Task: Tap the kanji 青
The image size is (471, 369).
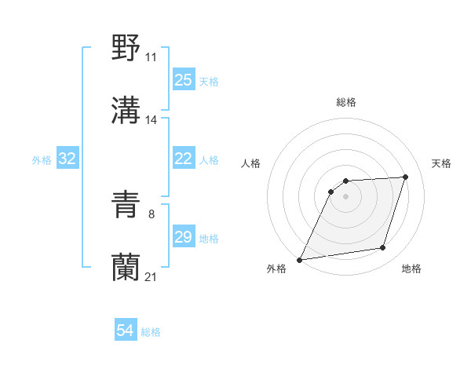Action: [126, 206]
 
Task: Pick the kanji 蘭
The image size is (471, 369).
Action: [126, 267]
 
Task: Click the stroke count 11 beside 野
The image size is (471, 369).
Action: [152, 57]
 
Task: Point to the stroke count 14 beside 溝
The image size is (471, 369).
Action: [152, 119]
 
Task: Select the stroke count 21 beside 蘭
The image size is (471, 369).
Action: [152, 277]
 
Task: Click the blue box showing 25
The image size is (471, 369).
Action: [184, 80]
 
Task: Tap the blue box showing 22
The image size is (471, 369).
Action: [184, 159]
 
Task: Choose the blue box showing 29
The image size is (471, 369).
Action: [184, 237]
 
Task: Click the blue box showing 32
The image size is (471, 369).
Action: [68, 159]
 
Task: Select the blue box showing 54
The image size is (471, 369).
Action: [126, 331]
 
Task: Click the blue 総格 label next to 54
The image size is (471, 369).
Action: [151, 332]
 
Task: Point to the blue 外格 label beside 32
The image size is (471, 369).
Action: [42, 160]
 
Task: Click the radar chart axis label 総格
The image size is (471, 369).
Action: [346, 102]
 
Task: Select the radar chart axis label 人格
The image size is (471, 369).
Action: [250, 163]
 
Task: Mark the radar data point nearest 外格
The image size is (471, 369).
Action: [299, 260]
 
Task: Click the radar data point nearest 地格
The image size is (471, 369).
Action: [383, 248]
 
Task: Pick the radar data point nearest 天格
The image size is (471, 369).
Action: [406, 177]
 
